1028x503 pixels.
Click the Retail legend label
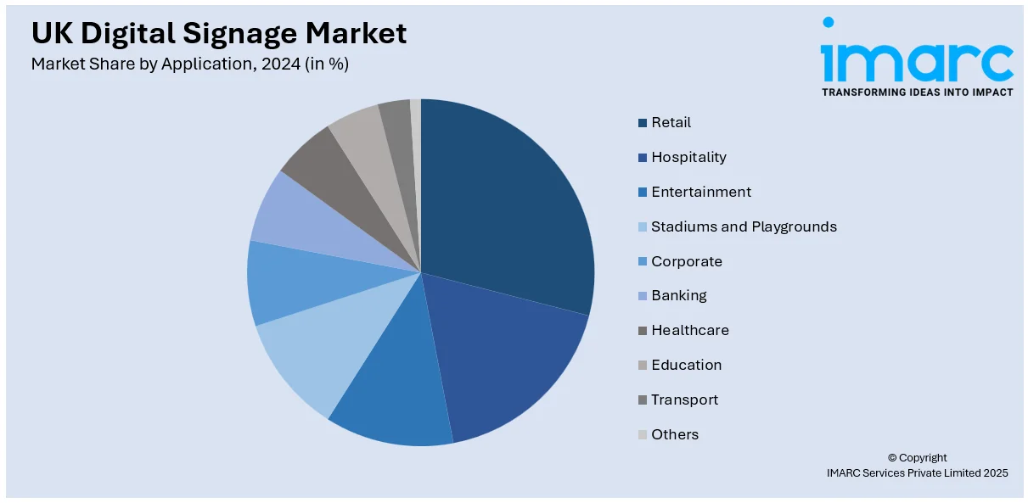[x=671, y=123]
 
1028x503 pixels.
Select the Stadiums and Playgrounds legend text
[x=744, y=226]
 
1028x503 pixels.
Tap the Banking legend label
[x=679, y=296]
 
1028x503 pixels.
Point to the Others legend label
[x=675, y=434]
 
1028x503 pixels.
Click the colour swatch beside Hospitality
[x=643, y=158]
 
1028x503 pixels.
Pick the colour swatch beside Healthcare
[x=643, y=331]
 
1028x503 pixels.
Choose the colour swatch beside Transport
[x=643, y=400]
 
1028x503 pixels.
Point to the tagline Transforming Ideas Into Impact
[x=917, y=92]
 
